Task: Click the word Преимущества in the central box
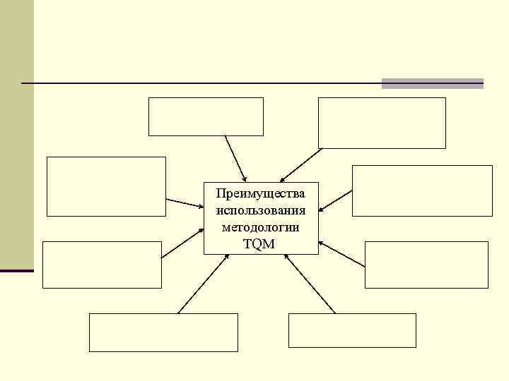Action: point(261,193)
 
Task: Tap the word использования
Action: point(261,210)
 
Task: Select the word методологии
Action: point(261,227)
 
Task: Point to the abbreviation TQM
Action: point(261,244)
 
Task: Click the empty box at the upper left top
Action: point(206,116)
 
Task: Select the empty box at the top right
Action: point(382,123)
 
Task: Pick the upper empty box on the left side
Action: point(106,186)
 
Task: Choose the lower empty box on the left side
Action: point(103,265)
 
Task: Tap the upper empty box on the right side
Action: point(422,190)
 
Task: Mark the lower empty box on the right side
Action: point(426,265)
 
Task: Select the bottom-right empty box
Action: point(352,330)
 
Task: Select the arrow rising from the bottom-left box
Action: point(202,284)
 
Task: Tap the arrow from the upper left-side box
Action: point(185,203)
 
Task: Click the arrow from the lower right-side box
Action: point(342,254)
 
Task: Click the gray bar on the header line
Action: point(433,83)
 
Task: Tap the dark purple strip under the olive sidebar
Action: point(17,270)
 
